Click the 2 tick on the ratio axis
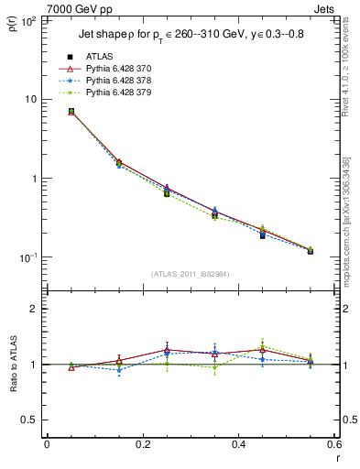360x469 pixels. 35,309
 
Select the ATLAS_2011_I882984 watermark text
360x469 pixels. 189,274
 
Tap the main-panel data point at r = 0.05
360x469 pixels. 71,112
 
